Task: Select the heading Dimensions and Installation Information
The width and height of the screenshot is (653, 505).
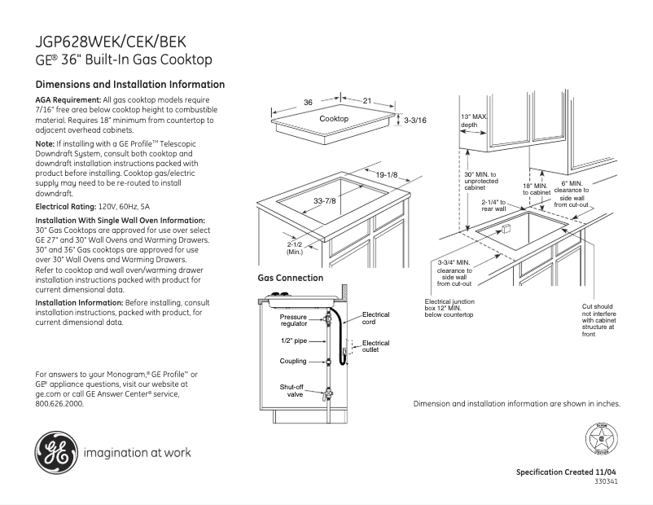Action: pos(130,85)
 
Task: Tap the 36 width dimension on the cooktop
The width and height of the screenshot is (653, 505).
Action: pos(308,103)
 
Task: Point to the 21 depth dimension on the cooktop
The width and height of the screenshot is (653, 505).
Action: pos(367,101)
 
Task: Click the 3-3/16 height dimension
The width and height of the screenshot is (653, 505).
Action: pos(415,121)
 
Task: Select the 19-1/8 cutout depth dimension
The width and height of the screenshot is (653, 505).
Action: pos(386,175)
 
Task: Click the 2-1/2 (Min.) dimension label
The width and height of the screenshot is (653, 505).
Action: pos(295,248)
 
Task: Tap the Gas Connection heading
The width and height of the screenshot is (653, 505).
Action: pos(291,278)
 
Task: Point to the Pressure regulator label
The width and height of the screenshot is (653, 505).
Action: pos(294,320)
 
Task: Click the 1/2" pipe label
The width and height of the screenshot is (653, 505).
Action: pos(293,340)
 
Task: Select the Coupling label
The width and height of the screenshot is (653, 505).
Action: pos(293,361)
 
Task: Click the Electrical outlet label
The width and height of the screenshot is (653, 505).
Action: pos(375,346)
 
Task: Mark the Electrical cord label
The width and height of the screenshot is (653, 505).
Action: pos(375,318)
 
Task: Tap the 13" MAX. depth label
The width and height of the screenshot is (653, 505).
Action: pos(474,121)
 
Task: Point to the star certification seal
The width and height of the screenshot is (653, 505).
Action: pos(602,441)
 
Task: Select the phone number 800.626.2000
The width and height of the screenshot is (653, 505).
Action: pos(59,403)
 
